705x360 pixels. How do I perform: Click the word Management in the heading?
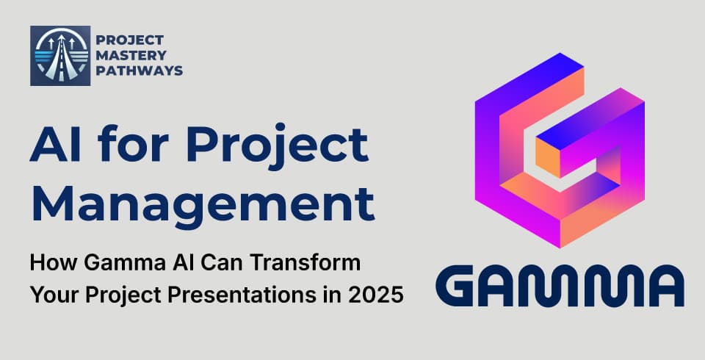(x=202, y=202)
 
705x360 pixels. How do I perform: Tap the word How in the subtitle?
(x=48, y=262)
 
